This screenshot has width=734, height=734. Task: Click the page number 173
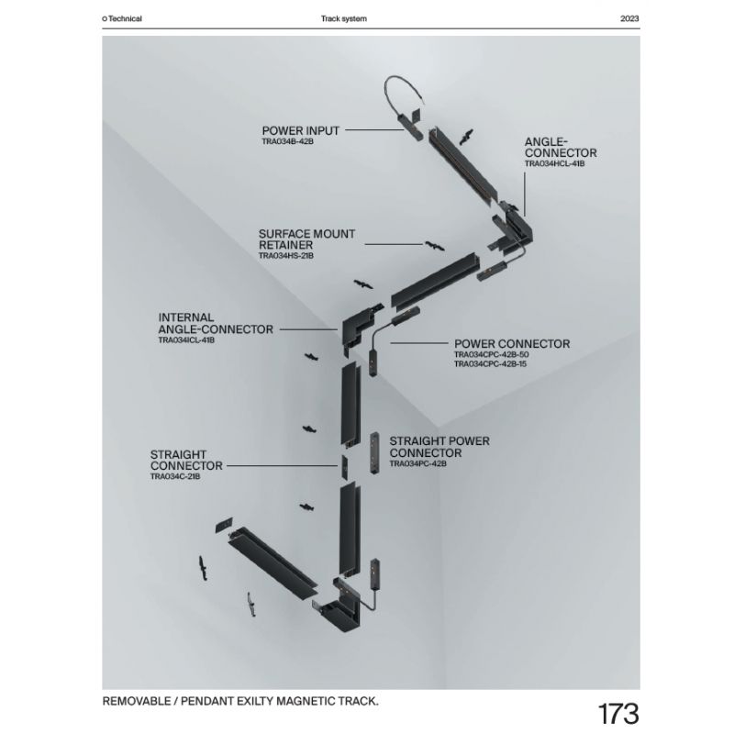point(617,714)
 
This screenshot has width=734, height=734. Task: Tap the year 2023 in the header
point(629,18)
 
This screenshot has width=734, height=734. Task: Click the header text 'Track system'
point(343,18)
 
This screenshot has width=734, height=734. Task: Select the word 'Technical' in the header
point(125,18)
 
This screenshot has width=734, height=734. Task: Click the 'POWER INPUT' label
point(301,130)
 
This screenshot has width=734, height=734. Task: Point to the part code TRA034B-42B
point(287,141)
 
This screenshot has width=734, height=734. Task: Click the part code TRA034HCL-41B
point(554,164)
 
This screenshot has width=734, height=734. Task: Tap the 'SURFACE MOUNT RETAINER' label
point(306,239)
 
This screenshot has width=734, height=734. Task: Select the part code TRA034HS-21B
point(286,256)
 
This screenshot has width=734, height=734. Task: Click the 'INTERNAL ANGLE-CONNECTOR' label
point(216,324)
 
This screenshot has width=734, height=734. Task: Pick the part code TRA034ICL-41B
point(186,340)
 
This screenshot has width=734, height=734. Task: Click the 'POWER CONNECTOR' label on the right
point(512,344)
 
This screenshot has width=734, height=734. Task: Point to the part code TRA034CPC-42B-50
point(492,355)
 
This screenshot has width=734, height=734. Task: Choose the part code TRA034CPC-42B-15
point(490,364)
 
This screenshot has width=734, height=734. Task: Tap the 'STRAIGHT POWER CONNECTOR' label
point(439,447)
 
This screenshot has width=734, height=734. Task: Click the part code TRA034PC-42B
point(418,464)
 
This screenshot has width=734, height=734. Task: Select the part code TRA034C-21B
point(175,476)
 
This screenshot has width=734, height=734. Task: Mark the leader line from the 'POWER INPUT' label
point(374,129)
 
